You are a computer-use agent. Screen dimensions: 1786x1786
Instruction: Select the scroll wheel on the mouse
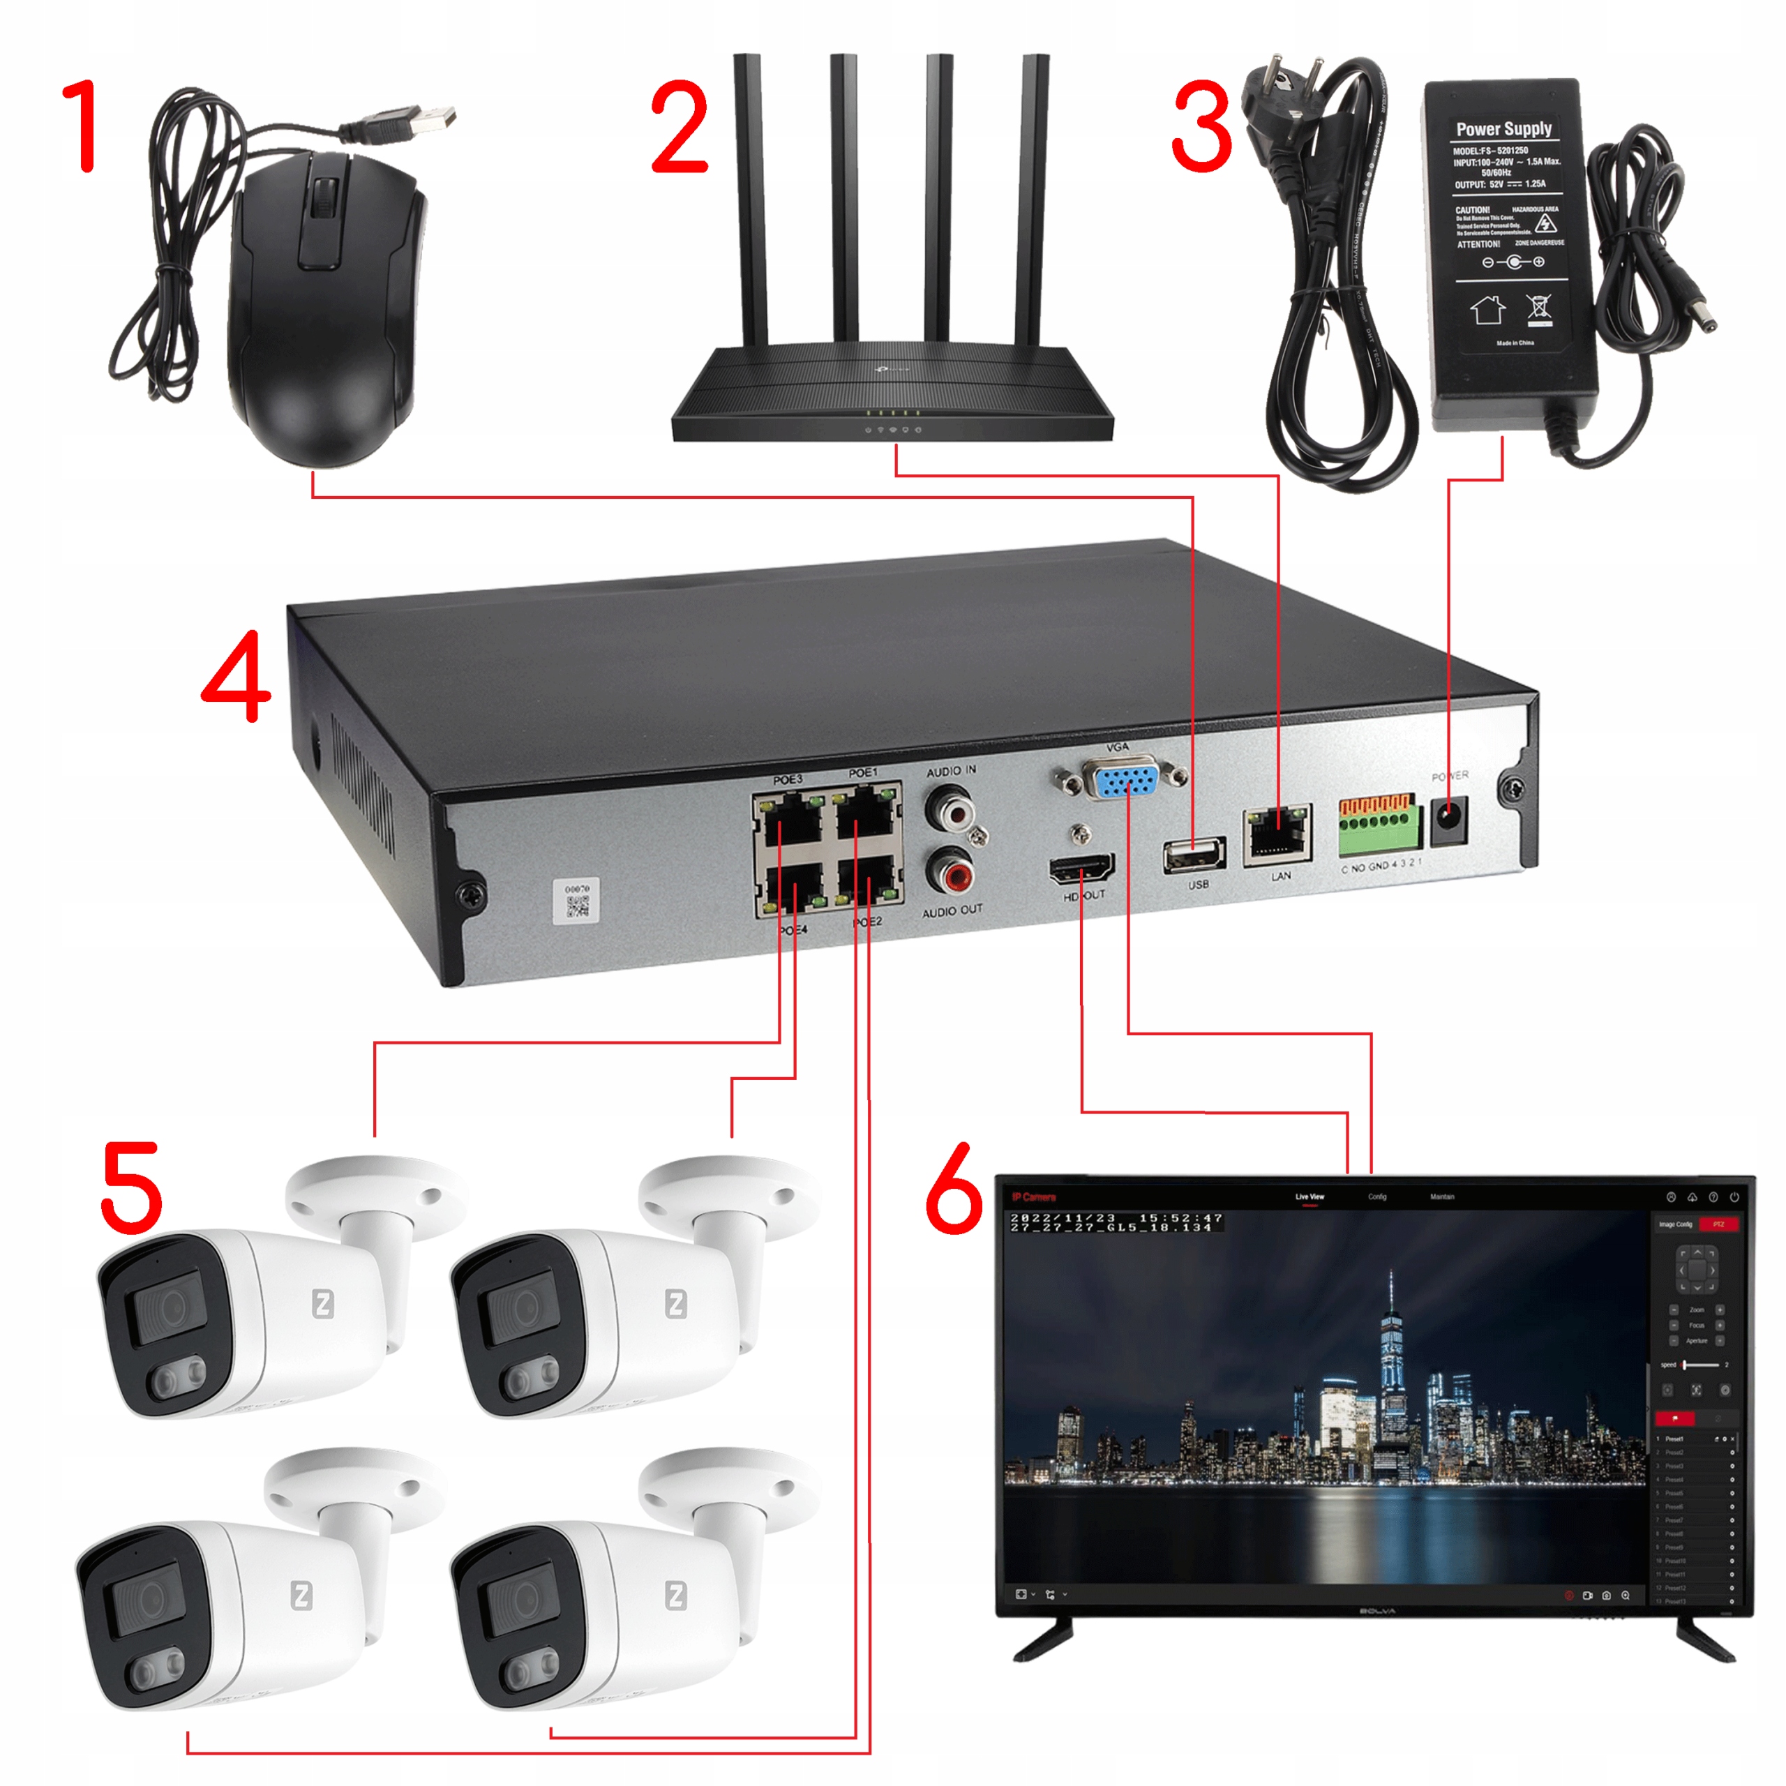322,198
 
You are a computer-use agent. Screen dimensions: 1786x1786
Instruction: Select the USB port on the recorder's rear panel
1194,855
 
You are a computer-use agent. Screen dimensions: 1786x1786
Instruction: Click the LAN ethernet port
1277,834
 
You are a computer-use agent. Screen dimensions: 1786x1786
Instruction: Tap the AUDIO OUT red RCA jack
951,871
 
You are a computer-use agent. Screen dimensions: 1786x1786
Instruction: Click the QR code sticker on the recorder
577,902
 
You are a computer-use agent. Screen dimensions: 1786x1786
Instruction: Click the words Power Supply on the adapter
1504,128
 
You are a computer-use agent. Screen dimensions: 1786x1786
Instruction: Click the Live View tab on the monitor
1309,1196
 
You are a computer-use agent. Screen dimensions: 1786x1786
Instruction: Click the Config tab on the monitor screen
1376,1196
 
